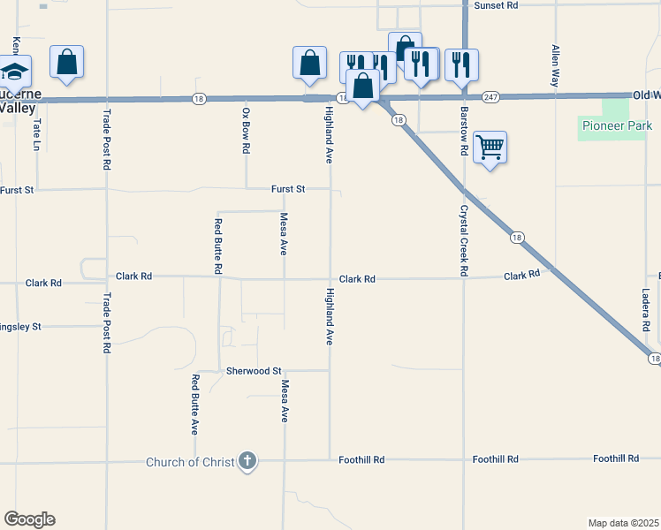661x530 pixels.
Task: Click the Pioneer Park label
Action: click(617, 125)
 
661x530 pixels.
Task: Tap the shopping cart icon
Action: click(490, 147)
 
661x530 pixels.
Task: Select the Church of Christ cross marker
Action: click(248, 461)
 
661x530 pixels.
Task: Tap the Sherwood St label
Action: click(254, 371)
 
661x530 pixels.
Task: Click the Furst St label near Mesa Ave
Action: click(288, 189)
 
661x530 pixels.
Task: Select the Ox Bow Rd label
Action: click(246, 131)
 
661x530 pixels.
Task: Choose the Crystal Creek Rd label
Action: click(462, 241)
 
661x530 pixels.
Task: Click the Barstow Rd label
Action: click(462, 131)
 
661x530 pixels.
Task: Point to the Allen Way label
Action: click(555, 65)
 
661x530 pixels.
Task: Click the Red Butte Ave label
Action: click(194, 404)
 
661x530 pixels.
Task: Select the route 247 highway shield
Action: click(492, 95)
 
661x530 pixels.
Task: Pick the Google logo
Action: click(29, 519)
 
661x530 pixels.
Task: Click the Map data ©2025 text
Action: click(622, 522)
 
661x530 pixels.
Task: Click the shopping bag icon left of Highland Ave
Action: click(309, 63)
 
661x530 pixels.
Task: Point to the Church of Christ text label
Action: click(190, 462)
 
